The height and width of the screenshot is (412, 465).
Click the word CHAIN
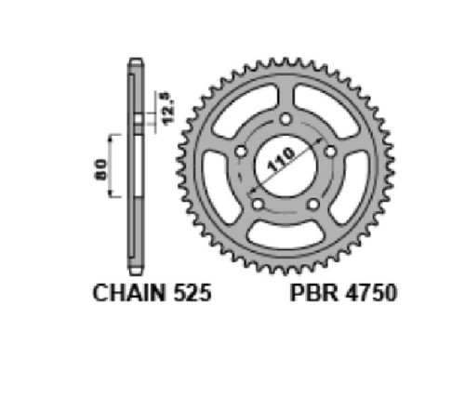(129, 293)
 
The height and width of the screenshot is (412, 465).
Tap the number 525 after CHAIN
(193, 293)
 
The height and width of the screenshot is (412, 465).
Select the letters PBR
(314, 293)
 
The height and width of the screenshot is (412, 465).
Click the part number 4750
(371, 293)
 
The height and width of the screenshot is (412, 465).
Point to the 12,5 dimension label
(168, 109)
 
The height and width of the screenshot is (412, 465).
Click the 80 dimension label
(100, 169)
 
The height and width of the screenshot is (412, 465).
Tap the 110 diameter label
(281, 160)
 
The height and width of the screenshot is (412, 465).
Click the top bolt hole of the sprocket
(286, 119)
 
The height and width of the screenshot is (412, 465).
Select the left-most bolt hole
(241, 152)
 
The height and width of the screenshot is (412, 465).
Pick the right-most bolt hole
(330, 152)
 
